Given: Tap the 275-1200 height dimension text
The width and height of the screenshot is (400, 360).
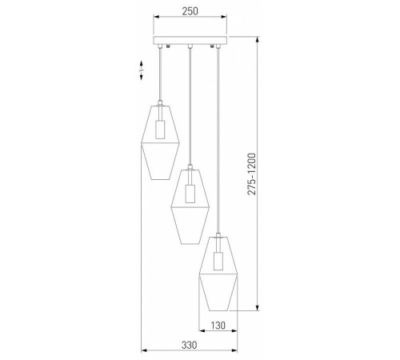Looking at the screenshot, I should [x=251, y=175].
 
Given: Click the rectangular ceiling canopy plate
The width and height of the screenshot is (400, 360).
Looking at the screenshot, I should [x=190, y=41].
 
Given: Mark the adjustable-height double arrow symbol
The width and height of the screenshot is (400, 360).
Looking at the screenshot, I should [x=140, y=71].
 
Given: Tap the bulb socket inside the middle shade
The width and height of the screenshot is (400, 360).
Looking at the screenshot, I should [x=190, y=193].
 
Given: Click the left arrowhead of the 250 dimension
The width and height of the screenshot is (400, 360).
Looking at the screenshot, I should [x=156, y=24].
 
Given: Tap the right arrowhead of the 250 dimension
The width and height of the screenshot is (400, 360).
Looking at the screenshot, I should [x=226, y=24].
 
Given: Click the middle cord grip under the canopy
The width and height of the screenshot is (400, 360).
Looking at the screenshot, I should [x=190, y=49].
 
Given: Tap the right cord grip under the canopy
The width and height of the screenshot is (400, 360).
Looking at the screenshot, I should [x=214, y=49].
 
